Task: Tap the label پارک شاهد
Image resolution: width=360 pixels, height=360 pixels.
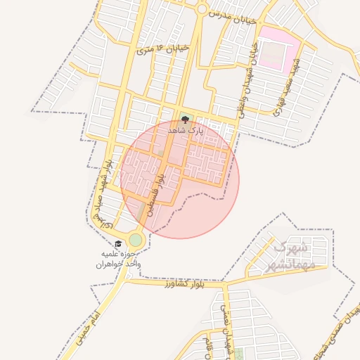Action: click(x=185, y=130)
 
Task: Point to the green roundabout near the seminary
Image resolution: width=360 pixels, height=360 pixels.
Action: click(x=135, y=240)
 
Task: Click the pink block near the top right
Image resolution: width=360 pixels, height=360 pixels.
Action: click(x=278, y=46)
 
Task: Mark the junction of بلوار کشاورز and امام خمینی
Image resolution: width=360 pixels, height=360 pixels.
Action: click(x=124, y=279)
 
